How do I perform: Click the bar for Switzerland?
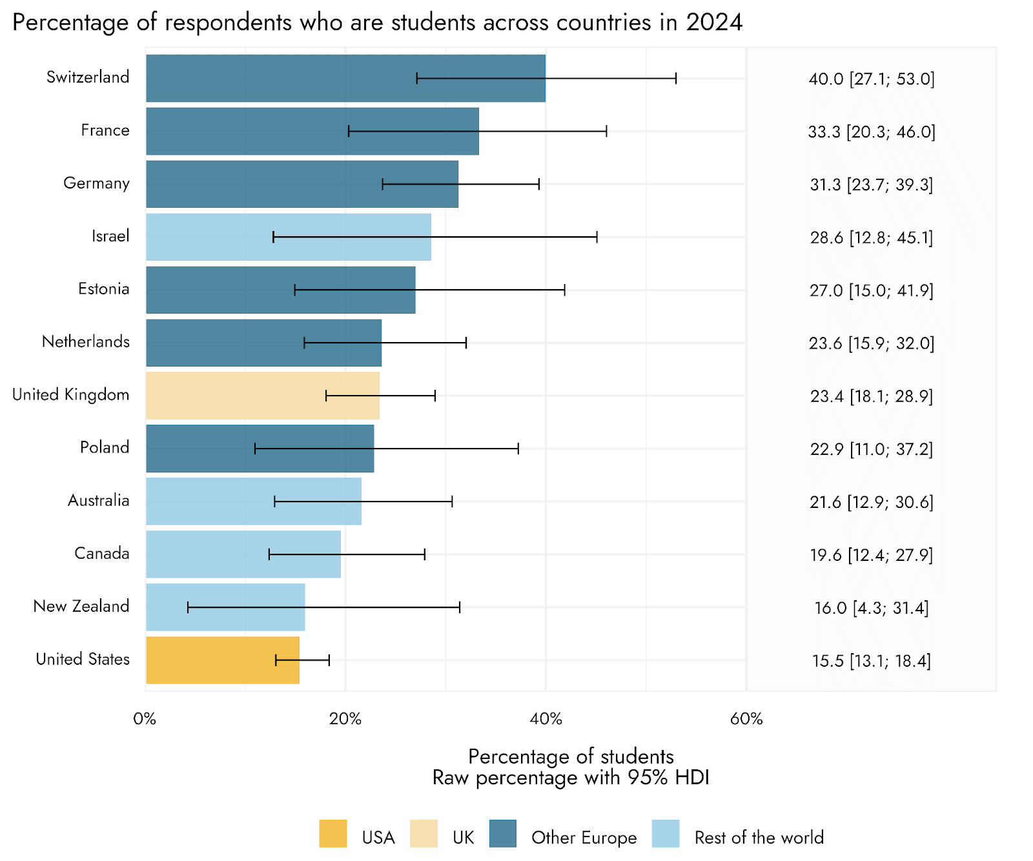point(345,78)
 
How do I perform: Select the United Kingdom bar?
point(262,396)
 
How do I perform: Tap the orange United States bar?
point(223,660)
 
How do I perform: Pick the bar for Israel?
point(288,237)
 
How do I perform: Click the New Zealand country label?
point(81,606)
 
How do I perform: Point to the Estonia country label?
point(103,289)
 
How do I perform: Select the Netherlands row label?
point(86,341)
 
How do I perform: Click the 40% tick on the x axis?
point(546,719)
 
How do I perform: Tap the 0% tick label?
point(145,719)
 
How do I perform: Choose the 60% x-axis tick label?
point(746,719)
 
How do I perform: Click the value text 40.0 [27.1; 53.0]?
point(872,79)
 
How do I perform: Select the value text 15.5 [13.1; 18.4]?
point(872,661)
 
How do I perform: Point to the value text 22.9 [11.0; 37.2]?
point(872,449)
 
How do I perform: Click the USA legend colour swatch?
point(333,833)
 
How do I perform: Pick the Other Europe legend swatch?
point(503,833)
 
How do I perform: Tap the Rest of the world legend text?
point(759,838)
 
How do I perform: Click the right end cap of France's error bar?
point(606,132)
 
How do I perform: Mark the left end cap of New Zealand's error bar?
point(188,607)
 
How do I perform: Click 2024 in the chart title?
point(714,23)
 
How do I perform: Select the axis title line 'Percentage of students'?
point(571,756)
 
